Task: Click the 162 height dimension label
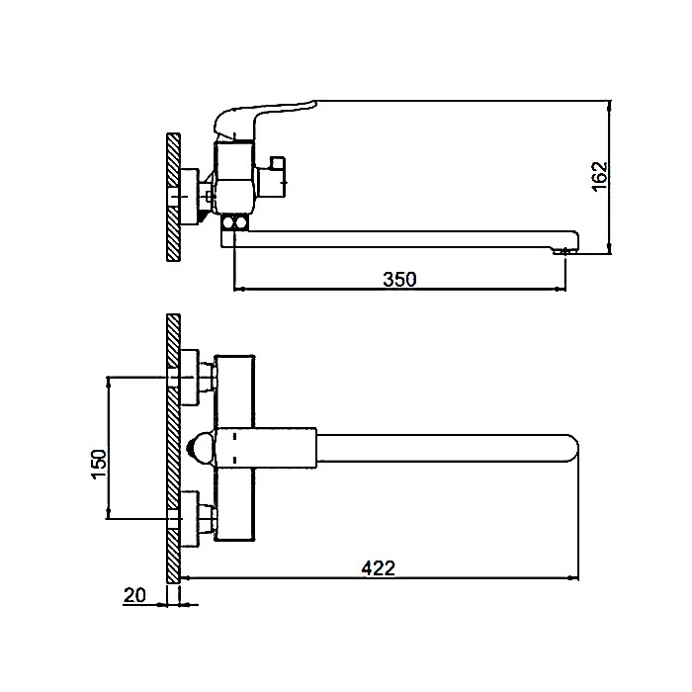tap(600, 177)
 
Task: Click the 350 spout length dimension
tap(399, 280)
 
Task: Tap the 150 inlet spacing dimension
tap(100, 463)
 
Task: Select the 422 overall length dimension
tap(379, 568)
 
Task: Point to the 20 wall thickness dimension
tap(134, 595)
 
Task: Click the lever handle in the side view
tap(265, 117)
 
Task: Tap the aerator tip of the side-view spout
tap(564, 251)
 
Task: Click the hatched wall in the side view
tap(173, 198)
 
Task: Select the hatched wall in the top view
tap(173, 448)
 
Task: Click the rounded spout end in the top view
tap(572, 449)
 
